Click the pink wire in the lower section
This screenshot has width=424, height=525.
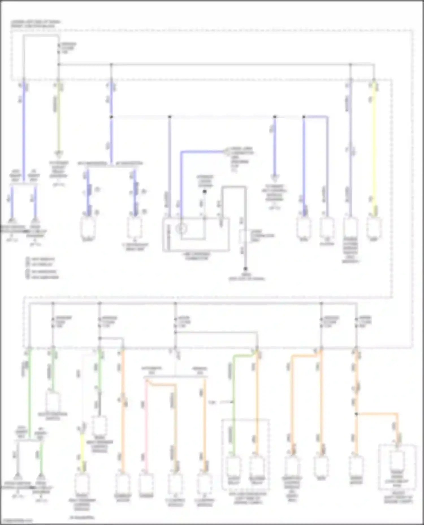click(x=146, y=423)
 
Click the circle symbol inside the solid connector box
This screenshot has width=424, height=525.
click(x=181, y=229)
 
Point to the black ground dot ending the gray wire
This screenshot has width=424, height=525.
click(x=245, y=269)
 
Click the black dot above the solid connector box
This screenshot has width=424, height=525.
click(x=205, y=192)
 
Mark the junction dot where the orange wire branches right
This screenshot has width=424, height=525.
click(x=356, y=414)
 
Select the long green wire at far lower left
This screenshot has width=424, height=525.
click(x=29, y=395)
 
